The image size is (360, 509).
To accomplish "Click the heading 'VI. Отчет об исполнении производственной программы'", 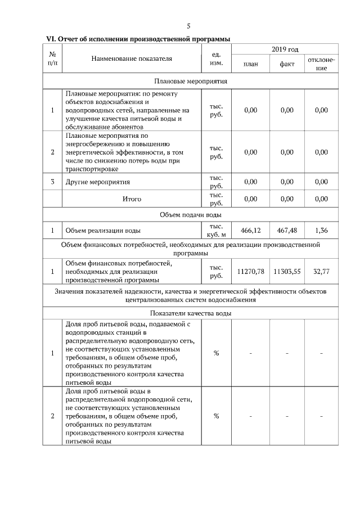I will [138, 38].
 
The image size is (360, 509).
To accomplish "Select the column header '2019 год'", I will [285, 50].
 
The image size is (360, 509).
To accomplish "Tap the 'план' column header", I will [251, 64].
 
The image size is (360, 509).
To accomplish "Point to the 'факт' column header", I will [287, 64].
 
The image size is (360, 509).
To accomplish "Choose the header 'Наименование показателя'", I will [132, 57].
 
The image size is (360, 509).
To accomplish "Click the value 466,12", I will [251, 231].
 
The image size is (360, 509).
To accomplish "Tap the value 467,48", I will [287, 231].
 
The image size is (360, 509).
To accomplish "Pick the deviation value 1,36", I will [321, 231].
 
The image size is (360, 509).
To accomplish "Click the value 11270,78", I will [251, 272].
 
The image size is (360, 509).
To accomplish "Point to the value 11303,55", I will [287, 272].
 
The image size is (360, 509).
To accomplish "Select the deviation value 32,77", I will [321, 272].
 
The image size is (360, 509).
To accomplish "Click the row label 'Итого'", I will [132, 199].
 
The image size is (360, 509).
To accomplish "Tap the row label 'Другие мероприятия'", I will [98, 182].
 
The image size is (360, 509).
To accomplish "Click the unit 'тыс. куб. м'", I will [216, 231].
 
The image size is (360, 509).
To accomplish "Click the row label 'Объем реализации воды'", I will [103, 231].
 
